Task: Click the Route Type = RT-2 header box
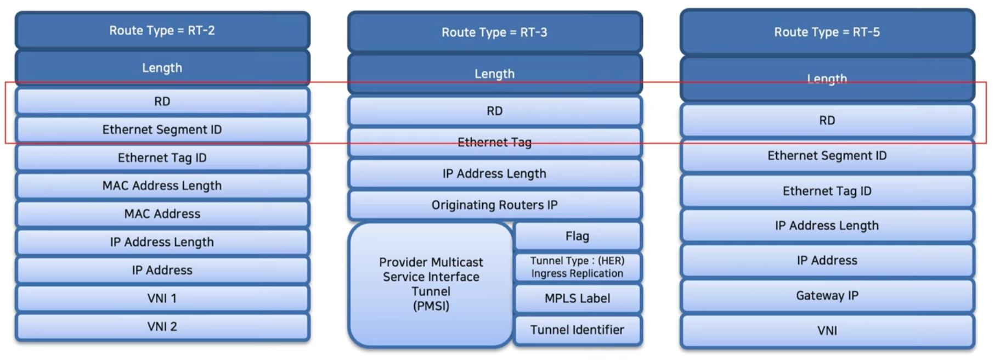pyautogui.click(x=162, y=31)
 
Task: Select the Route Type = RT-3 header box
pyautogui.click(x=495, y=32)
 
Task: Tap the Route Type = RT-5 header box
pyautogui.click(x=827, y=32)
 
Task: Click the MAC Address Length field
pyautogui.click(x=162, y=186)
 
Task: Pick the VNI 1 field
pyautogui.click(x=162, y=299)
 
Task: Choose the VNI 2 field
pyautogui.click(x=162, y=327)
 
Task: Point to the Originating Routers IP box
pyautogui.click(x=495, y=205)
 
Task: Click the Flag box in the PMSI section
pyautogui.click(x=578, y=237)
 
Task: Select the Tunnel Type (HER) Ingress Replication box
pyautogui.click(x=578, y=267)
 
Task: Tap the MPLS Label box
pyautogui.click(x=578, y=299)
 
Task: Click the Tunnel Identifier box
pyautogui.click(x=578, y=330)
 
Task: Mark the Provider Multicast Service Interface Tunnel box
pyautogui.click(x=431, y=284)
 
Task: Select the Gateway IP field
pyautogui.click(x=827, y=296)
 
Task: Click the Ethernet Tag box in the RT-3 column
pyautogui.click(x=495, y=143)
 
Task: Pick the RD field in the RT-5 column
pyautogui.click(x=827, y=121)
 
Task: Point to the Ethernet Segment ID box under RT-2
pyautogui.click(x=162, y=130)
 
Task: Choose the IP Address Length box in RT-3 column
pyautogui.click(x=495, y=174)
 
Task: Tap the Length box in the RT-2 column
pyautogui.click(x=162, y=68)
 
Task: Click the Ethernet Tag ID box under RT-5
pyautogui.click(x=827, y=191)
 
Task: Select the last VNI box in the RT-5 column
pyautogui.click(x=827, y=331)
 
